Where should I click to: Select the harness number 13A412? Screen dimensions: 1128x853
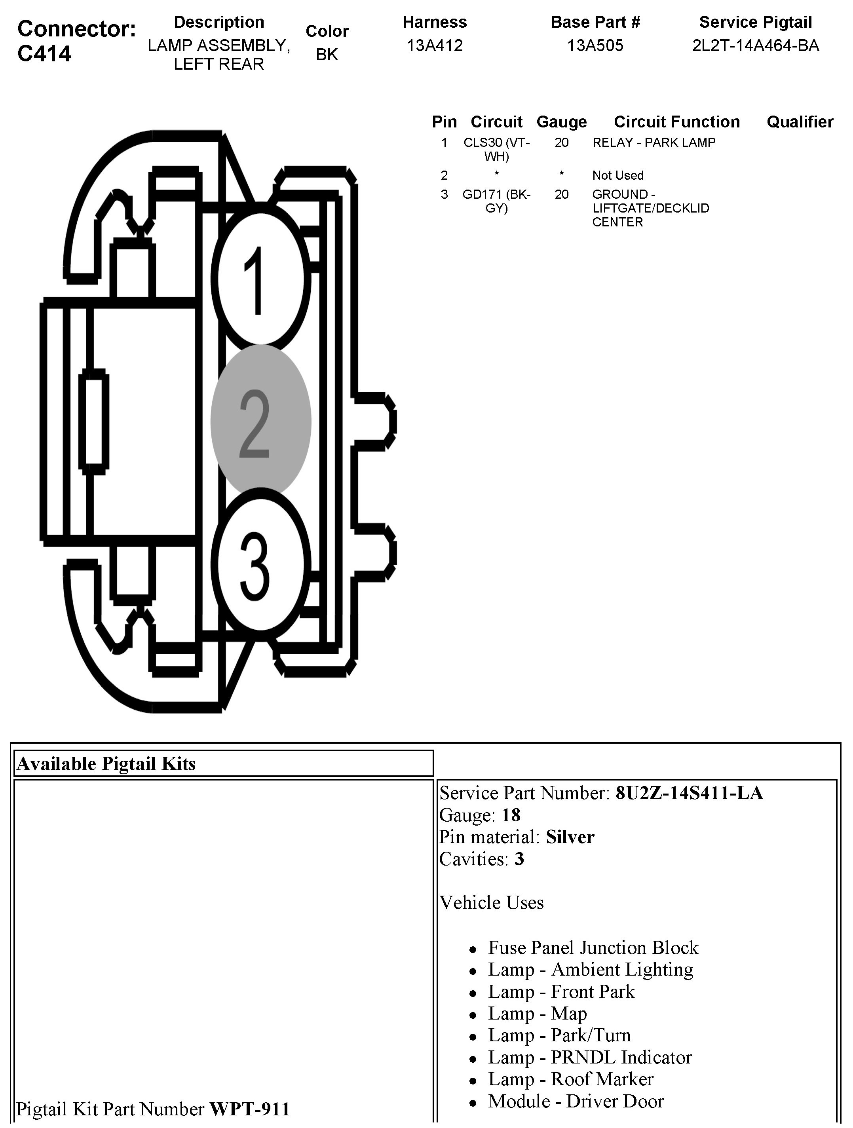tap(434, 46)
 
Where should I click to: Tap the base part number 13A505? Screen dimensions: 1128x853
tap(595, 46)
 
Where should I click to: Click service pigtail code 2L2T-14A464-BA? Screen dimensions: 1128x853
tap(755, 46)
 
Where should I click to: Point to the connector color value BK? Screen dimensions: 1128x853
tap(327, 55)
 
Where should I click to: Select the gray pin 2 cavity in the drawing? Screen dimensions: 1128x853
tap(260, 421)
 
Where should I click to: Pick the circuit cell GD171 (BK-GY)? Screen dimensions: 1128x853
tap(497, 201)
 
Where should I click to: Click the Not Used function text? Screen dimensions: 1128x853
tap(617, 175)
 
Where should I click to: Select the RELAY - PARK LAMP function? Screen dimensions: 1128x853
tap(654, 143)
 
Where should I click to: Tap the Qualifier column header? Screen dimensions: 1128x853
tap(800, 122)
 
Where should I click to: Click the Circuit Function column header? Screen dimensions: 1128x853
tap(676, 122)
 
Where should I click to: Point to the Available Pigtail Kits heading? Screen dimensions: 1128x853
tap(106, 763)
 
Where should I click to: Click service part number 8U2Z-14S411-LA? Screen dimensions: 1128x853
tap(689, 793)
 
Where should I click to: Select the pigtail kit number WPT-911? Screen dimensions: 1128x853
tap(249, 1109)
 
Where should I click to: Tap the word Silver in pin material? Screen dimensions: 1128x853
tap(570, 837)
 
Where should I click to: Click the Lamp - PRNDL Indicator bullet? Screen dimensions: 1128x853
tap(590, 1057)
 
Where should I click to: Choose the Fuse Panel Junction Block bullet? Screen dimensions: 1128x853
tap(593, 948)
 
